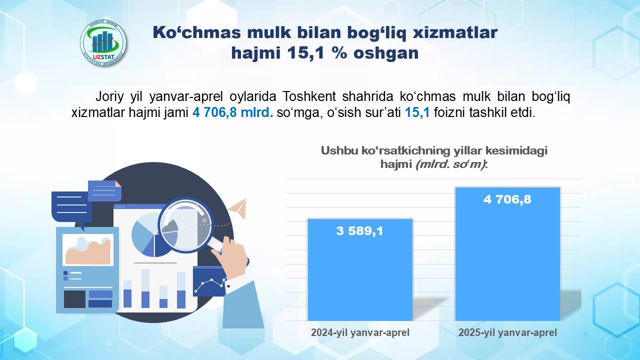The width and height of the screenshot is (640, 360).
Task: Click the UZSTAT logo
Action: [x=103, y=43]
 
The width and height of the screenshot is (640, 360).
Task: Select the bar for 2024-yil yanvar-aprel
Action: [x=360, y=269]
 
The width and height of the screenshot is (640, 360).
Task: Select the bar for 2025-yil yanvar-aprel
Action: [x=507, y=254]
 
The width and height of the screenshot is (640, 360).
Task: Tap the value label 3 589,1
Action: [x=359, y=231]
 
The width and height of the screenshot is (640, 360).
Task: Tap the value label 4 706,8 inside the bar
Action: [x=507, y=199]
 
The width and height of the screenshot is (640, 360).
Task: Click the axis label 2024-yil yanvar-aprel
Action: [x=360, y=332]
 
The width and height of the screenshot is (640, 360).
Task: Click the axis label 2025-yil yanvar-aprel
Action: [x=507, y=332]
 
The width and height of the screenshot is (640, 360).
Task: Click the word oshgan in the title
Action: [x=386, y=53]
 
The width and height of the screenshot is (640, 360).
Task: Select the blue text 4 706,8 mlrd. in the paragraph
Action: [x=232, y=112]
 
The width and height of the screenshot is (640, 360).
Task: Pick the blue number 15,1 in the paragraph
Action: [x=417, y=112]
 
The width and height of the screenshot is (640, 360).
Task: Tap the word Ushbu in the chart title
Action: [x=339, y=150]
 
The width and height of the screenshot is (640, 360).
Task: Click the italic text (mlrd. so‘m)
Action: [x=450, y=164]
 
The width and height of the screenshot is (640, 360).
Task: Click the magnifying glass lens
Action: [x=185, y=225]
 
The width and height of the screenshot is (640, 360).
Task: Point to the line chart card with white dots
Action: [x=210, y=281]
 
